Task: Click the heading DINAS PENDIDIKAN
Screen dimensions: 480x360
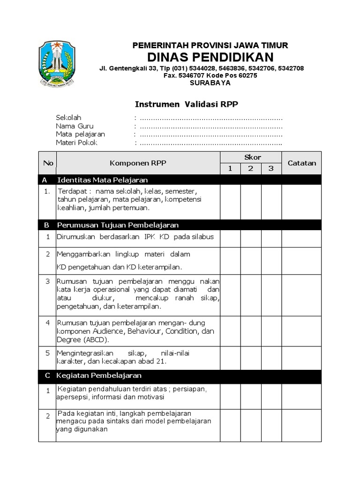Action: tap(210, 57)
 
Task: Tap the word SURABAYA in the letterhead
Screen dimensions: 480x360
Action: tap(210, 82)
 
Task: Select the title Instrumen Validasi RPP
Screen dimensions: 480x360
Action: tap(187, 105)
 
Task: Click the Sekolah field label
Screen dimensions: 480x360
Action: tap(68, 118)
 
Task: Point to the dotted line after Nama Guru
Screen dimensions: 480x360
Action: tap(211, 127)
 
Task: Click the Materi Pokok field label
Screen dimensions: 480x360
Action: tap(77, 143)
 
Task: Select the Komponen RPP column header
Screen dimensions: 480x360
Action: tap(138, 163)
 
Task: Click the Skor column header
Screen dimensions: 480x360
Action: tap(251, 157)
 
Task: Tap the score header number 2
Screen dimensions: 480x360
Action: tap(251, 169)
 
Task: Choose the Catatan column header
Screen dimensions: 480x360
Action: tap(301, 163)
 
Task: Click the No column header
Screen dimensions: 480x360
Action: tap(48, 163)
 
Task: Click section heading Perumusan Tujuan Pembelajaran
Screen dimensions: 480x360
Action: tap(118, 225)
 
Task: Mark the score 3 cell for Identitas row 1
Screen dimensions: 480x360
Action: tap(271, 202)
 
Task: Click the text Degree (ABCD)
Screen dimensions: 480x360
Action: tap(82, 340)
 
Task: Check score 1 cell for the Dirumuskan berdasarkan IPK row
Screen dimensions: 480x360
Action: tap(230, 239)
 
